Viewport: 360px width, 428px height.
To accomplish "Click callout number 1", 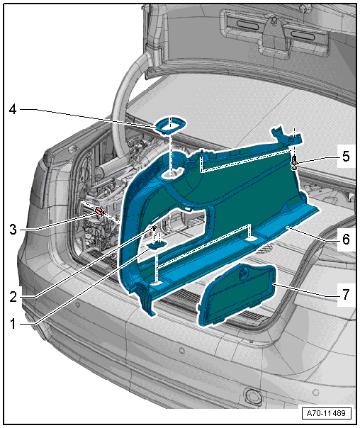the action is (13, 324).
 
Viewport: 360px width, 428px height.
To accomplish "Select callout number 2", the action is (13, 296).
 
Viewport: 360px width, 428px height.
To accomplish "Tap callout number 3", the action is (13, 230).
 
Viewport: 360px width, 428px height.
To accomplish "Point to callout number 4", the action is (13, 109).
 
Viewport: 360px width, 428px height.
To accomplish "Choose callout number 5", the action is (346, 157).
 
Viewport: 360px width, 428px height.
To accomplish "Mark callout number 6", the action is (346, 239).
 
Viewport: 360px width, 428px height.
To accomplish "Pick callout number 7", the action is (346, 295).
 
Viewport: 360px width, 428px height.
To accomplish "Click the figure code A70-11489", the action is (326, 413).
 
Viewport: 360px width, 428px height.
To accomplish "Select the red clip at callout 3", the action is (100, 211).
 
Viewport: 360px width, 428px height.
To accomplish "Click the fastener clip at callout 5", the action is (294, 162).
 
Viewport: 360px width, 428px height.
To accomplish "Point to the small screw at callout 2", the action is (154, 227).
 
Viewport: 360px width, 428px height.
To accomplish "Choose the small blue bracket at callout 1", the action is (157, 244).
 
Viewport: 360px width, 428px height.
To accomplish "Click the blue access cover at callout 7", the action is (236, 295).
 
